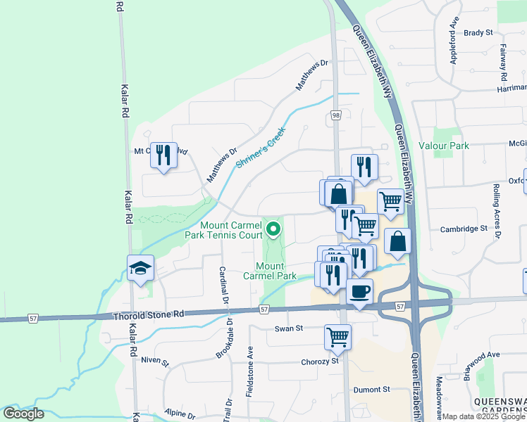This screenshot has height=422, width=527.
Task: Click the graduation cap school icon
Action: pos(140,268)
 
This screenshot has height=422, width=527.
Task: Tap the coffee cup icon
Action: pos(359,291)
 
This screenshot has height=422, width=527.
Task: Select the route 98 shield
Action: pos(335,115)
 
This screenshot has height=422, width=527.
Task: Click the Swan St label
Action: pos(288,328)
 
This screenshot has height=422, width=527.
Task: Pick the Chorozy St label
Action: pos(321,361)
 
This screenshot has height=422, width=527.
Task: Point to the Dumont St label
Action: pos(371,389)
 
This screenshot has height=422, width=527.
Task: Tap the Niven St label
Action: pos(155,362)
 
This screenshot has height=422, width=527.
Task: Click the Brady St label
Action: pos(478,32)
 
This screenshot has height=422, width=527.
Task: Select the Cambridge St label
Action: pos(464,229)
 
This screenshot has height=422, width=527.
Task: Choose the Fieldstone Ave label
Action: pos(250,371)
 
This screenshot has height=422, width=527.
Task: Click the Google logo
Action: pos(23,414)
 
